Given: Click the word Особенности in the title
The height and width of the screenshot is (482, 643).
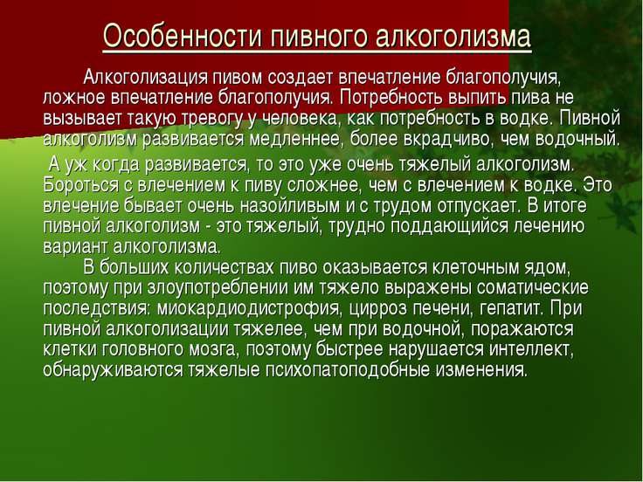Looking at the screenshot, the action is pyautogui.click(x=183, y=36).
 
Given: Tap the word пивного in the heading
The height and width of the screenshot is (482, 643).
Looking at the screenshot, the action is pyautogui.click(x=319, y=37).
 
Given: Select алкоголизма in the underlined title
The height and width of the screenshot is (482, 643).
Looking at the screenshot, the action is pyautogui.click(x=453, y=36).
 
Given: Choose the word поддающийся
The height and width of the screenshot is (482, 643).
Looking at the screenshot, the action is pyautogui.click(x=449, y=227).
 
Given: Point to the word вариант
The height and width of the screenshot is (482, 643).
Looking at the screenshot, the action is pyautogui.click(x=75, y=247).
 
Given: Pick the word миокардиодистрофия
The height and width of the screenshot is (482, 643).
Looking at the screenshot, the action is pyautogui.click(x=249, y=308).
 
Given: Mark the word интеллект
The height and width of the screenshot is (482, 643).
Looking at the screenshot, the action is pyautogui.click(x=531, y=349).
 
